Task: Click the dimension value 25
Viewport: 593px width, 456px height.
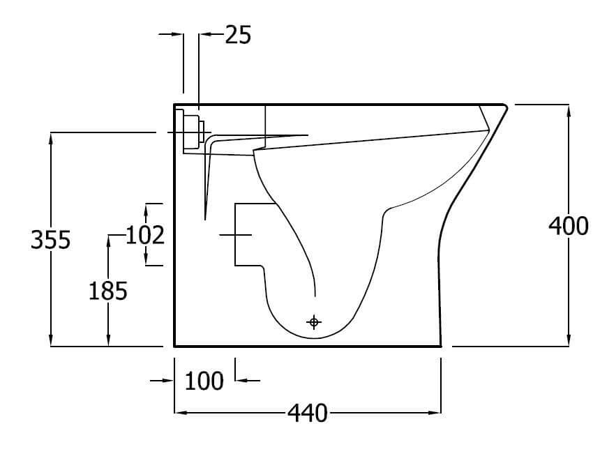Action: click(x=238, y=34)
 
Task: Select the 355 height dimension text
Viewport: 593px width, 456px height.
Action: click(x=50, y=239)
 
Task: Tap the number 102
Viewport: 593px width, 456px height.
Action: click(x=146, y=235)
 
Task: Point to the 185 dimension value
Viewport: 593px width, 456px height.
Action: click(x=107, y=290)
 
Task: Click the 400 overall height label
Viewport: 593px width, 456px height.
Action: click(x=569, y=225)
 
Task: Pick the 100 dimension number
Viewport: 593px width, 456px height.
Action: click(x=204, y=381)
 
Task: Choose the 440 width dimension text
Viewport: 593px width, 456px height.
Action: click(x=307, y=413)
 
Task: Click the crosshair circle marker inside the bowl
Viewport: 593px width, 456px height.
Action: click(x=314, y=321)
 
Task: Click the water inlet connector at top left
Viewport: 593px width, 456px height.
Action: click(x=192, y=131)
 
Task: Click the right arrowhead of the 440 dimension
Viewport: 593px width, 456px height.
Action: click(x=435, y=413)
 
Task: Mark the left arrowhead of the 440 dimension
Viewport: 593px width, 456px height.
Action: click(x=180, y=413)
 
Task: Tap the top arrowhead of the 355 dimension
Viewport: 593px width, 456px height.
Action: click(x=52, y=137)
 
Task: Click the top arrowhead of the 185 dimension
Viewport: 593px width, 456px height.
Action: click(x=108, y=241)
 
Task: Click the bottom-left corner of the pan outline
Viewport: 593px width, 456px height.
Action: click(x=174, y=345)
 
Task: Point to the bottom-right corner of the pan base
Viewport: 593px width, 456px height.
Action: click(x=441, y=345)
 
